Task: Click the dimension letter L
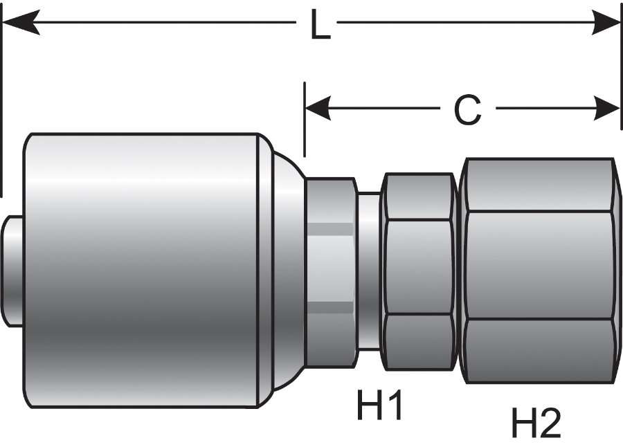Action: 319,26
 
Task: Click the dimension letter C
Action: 467,109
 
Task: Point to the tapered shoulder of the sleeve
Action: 284,270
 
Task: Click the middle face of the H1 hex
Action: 418,267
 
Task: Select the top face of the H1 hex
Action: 418,197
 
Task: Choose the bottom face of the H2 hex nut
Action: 539,349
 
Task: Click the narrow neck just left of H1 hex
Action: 369,270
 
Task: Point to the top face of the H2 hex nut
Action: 539,185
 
